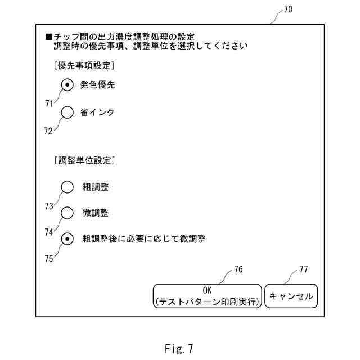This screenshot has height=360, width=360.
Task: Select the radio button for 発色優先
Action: click(x=67, y=85)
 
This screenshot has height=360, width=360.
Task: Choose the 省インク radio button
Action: click(x=67, y=112)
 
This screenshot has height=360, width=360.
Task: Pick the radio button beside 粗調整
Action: click(x=67, y=187)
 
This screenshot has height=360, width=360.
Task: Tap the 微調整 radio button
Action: click(x=67, y=213)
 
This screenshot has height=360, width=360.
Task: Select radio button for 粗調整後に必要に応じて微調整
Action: click(x=67, y=239)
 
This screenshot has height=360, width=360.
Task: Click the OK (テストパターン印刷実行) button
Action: click(x=207, y=296)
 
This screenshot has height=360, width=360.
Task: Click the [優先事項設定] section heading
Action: click(x=84, y=65)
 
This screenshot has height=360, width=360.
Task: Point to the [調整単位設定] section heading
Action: click(x=84, y=160)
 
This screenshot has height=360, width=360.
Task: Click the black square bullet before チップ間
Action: click(x=48, y=37)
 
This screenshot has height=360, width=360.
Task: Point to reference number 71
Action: click(x=48, y=103)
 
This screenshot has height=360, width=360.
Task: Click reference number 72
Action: click(x=48, y=130)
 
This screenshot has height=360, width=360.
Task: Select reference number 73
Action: click(x=49, y=206)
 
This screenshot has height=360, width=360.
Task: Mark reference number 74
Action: click(x=49, y=231)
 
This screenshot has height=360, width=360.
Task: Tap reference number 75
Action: click(x=49, y=259)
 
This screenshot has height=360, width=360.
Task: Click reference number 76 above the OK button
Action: click(x=238, y=269)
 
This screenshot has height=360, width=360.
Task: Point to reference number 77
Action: click(x=303, y=269)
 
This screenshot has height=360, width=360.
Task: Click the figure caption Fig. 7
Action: click(x=179, y=349)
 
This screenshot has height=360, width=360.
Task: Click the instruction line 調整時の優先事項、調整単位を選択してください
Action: click(x=151, y=46)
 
